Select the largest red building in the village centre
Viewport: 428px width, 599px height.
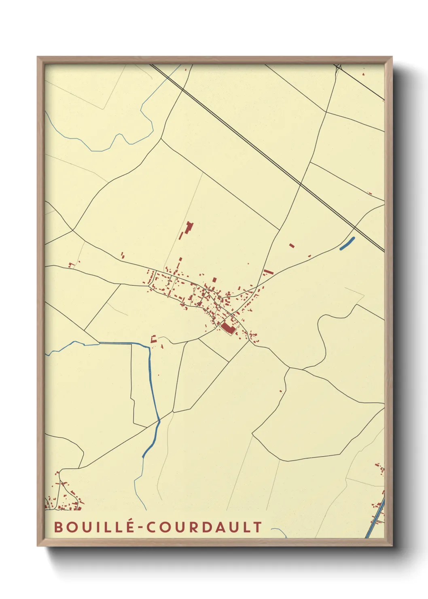pyautogui.click(x=228, y=328)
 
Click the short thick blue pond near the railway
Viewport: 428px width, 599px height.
pyautogui.click(x=347, y=243)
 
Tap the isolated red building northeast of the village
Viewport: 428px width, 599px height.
pyautogui.click(x=292, y=245)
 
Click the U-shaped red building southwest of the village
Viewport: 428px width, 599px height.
pyautogui.click(x=153, y=339)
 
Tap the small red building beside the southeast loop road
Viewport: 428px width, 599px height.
pyautogui.click(x=281, y=391)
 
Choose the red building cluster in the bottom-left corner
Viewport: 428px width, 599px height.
pyautogui.click(x=65, y=496)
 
